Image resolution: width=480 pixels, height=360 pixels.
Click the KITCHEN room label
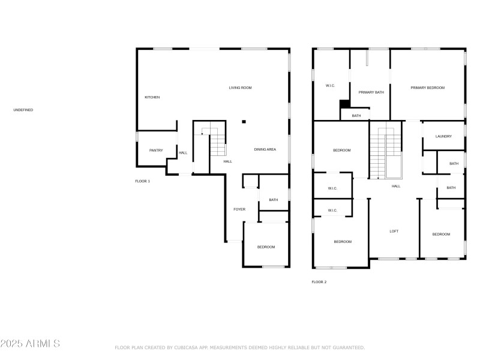pos(152,97)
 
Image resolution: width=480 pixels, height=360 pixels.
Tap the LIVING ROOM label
pos(241,88)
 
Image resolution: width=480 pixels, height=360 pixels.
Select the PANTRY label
pos(156,151)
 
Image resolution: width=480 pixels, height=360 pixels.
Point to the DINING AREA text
pos(265,149)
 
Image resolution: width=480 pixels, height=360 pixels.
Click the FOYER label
pos(239,209)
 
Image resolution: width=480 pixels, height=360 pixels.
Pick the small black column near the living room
pos(244,122)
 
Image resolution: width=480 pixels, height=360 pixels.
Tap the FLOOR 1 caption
pos(143,181)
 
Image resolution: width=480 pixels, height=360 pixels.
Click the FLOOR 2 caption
pos(319,282)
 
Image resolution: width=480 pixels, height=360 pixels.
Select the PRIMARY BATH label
pos(371,92)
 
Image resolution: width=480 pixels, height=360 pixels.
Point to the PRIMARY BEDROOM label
pos(428,88)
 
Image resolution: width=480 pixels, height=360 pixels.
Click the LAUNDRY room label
pos(443,136)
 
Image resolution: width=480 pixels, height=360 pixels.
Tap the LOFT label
pos(394,232)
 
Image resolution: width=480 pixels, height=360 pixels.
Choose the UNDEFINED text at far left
pos(23,110)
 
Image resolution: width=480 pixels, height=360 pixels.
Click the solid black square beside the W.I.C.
pos(345,104)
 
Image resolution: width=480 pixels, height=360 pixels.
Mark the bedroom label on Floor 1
pos(266,247)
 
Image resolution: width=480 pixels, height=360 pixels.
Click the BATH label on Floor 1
pos(274,200)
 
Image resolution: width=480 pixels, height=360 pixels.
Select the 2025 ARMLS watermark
pos(30,343)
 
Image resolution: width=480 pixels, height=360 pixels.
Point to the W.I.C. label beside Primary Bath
pos(330,86)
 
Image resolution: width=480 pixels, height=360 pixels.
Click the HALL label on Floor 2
pos(396,186)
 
